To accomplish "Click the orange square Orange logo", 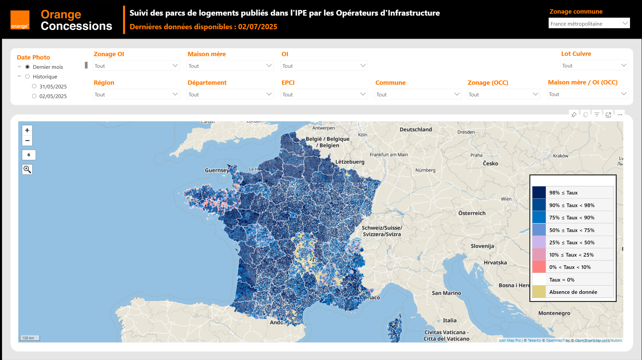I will (20, 20).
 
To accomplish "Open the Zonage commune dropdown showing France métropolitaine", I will (589, 24).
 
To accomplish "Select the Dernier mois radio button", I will (28, 67).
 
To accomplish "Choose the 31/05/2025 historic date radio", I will (34, 86).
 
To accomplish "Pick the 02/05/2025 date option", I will (34, 96).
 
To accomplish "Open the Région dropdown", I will (136, 94).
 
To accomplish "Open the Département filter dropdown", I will (230, 94).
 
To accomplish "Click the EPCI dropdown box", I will (324, 94).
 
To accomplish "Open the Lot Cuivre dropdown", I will (594, 65).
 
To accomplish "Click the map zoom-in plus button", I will (27, 130).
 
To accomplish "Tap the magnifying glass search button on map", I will (27, 170).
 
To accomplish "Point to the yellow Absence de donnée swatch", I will (539, 292).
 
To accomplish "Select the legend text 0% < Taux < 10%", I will (570, 267).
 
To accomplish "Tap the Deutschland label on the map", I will (416, 130).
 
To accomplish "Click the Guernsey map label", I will (217, 170).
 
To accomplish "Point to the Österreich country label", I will (472, 213).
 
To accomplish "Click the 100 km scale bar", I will (30, 338).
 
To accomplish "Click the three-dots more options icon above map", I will (620, 115).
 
